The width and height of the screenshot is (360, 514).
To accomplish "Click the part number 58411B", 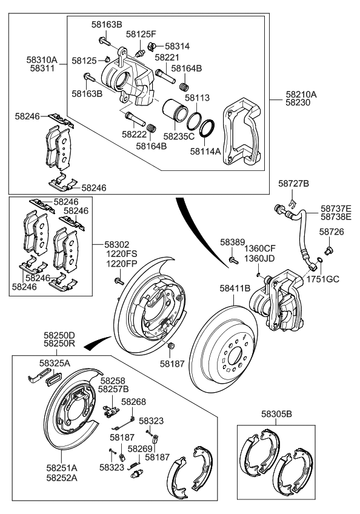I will [235, 289].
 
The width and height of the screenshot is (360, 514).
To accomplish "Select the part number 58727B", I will [294, 183].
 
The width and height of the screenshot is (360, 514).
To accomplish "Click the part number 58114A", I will [205, 152].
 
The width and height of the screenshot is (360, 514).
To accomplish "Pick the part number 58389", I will [232, 242].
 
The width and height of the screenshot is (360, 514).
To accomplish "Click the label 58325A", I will [55, 362].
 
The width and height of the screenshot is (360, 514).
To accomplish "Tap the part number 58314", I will [178, 46].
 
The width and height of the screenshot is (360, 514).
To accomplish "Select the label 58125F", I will [141, 35].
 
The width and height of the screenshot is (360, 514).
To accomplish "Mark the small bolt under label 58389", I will [233, 259].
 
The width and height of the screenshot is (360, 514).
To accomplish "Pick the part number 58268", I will [133, 401].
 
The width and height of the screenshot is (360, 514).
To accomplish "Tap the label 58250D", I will [59, 335].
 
